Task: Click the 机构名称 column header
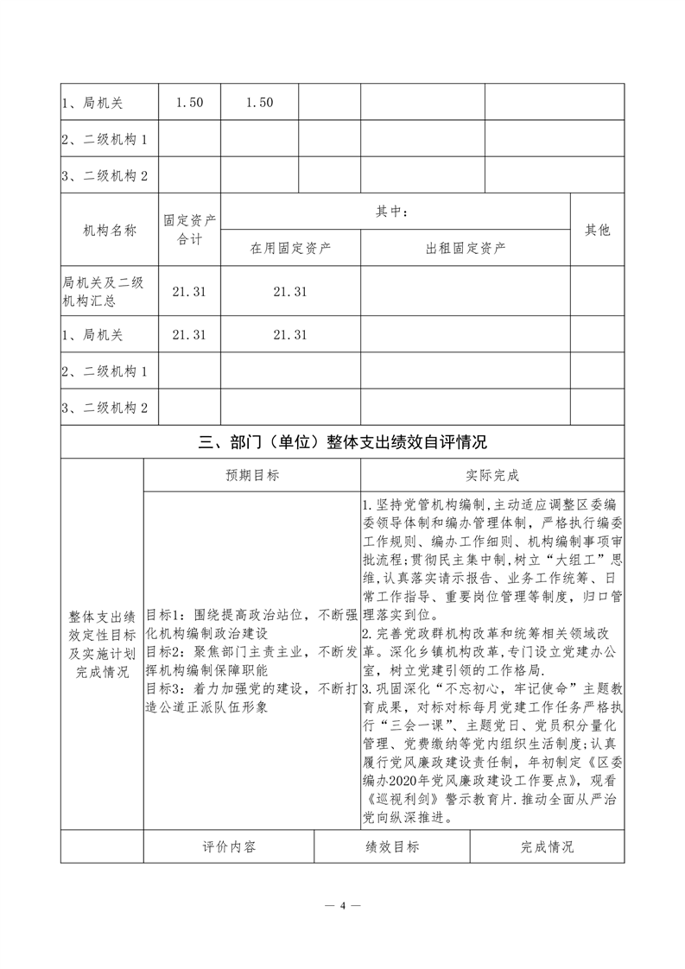coord(110,231)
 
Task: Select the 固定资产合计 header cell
coord(189,231)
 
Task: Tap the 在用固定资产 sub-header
coord(290,249)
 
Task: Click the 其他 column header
coord(597,231)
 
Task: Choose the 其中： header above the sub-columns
coord(395,212)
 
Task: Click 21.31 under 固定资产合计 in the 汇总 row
coord(189,293)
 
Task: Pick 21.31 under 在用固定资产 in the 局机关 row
coord(290,335)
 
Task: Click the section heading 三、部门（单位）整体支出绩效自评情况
coord(342,443)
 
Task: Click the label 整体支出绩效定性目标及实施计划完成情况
coord(101,643)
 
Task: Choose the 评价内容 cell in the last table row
coord(229,847)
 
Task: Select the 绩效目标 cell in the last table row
coord(392,847)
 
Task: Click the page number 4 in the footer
coord(342,906)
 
